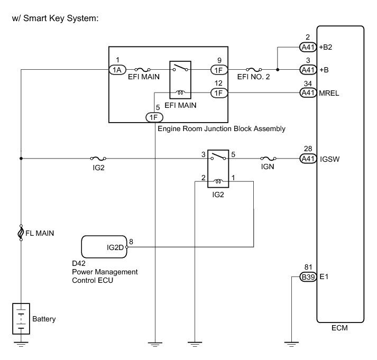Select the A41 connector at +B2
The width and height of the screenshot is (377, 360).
[x=307, y=47]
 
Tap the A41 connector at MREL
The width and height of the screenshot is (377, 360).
[x=307, y=93]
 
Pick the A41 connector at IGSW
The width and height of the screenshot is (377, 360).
[x=307, y=158]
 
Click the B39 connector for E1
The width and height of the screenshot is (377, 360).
[x=307, y=276]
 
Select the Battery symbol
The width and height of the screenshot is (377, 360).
[x=21, y=318]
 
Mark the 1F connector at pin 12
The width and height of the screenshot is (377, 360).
[x=218, y=93]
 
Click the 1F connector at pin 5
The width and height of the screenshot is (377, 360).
[x=154, y=117]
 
